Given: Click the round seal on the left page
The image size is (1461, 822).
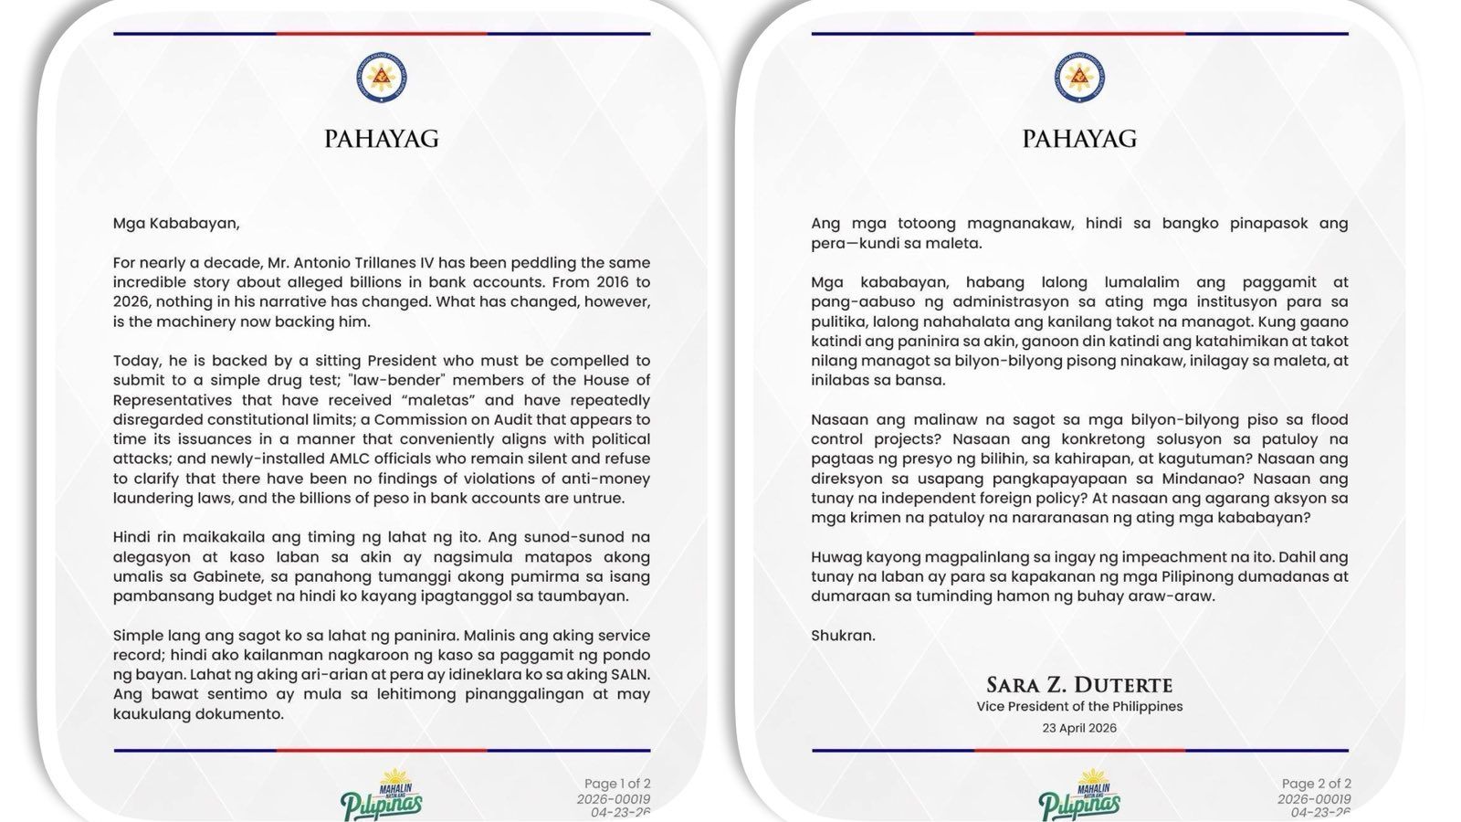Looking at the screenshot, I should [382, 78].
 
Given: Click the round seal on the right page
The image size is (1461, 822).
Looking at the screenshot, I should [1079, 78].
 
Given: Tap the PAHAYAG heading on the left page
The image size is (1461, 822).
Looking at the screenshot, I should [382, 139].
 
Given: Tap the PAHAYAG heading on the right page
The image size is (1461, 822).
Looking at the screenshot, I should [1079, 139].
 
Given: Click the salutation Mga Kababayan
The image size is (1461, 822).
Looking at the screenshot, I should [163, 223].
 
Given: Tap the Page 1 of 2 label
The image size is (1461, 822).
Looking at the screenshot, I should [617, 784].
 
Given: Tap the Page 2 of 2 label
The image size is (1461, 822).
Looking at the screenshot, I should [1316, 784].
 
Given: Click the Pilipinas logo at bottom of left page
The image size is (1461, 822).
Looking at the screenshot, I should [382, 796].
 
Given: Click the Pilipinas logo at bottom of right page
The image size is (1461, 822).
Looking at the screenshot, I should [1079, 796].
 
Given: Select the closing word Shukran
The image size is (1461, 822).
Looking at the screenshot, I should [843, 636].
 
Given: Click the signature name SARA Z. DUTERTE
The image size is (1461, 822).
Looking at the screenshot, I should [1079, 685].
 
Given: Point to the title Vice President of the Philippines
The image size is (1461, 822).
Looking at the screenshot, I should [1079, 706].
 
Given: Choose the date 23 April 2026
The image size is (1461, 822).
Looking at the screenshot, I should [1079, 728].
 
